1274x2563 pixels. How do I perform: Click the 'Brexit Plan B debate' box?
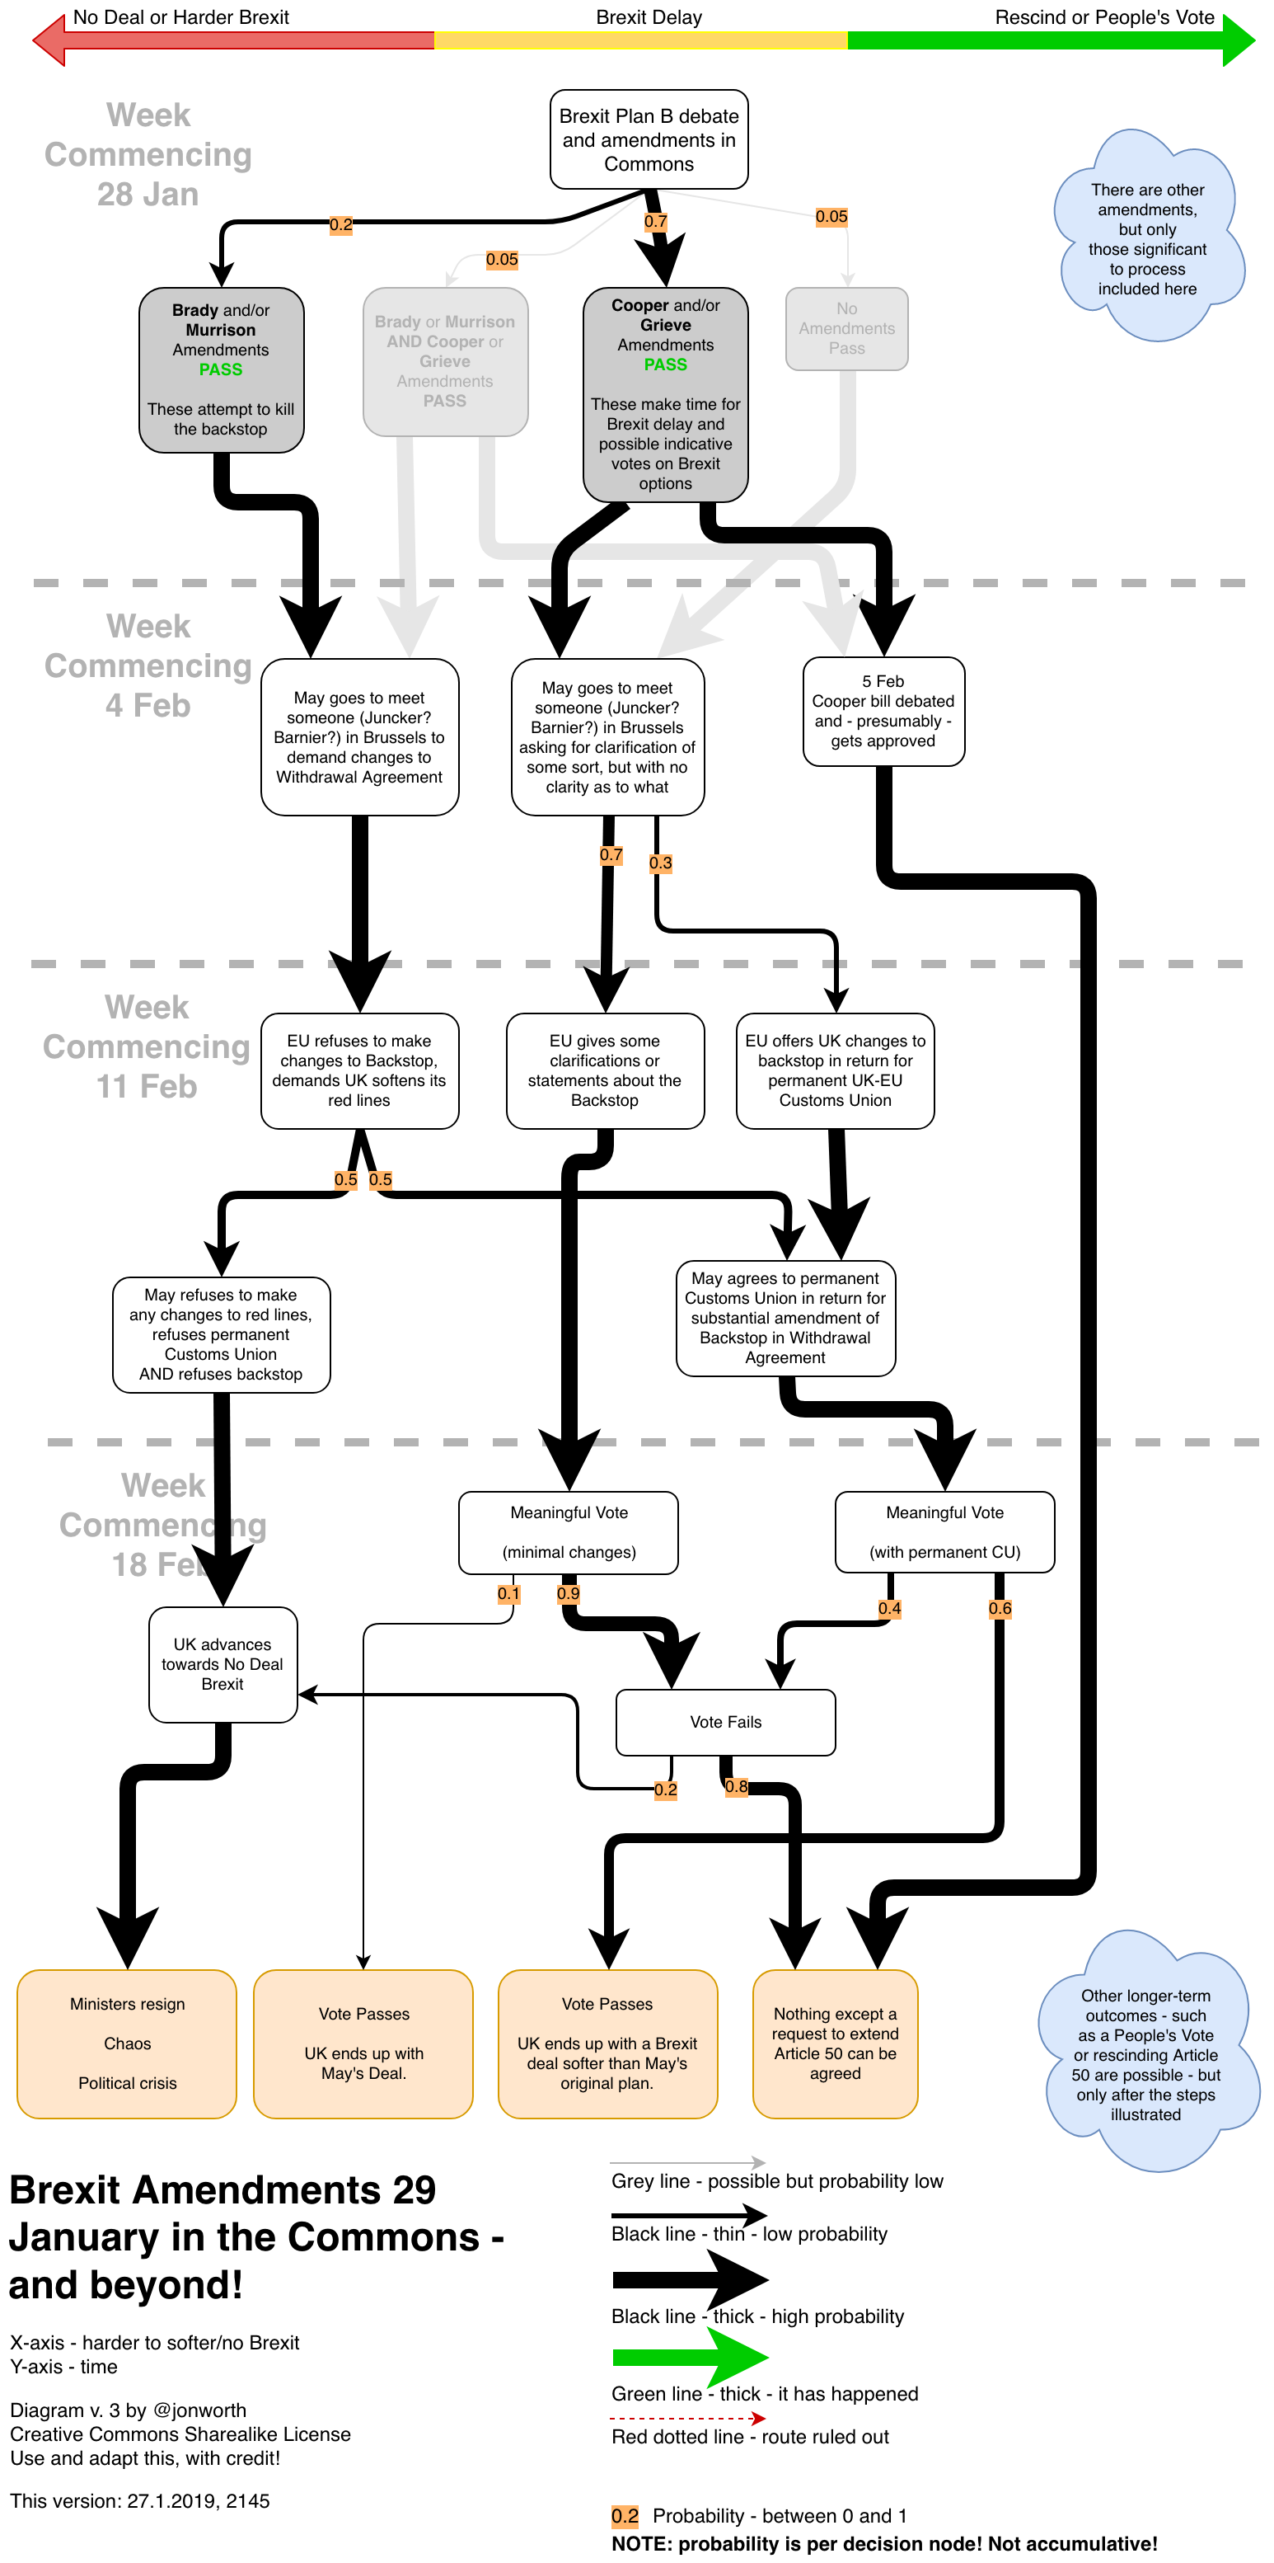pos(649,139)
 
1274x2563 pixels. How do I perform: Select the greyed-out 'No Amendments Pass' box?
pos(846,328)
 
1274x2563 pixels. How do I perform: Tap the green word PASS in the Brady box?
pos(221,370)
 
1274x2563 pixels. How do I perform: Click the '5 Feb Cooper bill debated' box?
pos(883,712)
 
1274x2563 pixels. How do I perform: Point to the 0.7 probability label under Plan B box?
pos(655,222)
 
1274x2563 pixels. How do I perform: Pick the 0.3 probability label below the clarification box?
pos(660,863)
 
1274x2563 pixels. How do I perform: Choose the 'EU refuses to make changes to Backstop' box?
pos(359,1070)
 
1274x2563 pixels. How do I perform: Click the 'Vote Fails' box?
pos(725,1722)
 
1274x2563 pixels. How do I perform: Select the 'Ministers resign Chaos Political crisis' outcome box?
pos(127,2043)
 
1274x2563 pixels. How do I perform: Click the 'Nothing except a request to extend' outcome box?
pos(836,2043)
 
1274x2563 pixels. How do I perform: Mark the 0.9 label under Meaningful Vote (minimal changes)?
pos(568,1594)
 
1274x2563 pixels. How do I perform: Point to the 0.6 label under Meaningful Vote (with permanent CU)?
pos(1000,1609)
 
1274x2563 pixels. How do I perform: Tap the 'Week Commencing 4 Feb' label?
pos(148,665)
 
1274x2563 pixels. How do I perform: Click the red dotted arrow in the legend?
pos(687,2418)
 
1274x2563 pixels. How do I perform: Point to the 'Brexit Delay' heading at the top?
pos(649,18)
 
